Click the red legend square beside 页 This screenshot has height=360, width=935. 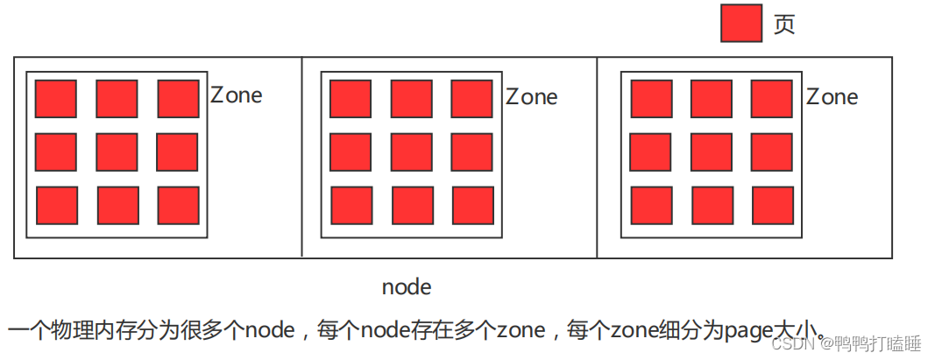[741, 23]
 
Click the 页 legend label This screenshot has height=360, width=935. [784, 24]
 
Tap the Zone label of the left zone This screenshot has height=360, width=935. [236, 95]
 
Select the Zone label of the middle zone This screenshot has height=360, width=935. [531, 96]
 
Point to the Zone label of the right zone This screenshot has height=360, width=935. [832, 96]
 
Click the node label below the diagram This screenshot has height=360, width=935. [407, 287]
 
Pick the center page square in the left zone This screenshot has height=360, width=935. [117, 152]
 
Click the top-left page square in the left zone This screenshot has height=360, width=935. [56, 98]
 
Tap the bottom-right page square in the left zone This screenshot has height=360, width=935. [178, 205]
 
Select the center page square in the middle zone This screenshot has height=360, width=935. [412, 152]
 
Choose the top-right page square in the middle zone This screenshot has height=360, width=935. [472, 98]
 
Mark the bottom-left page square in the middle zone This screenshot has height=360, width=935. [351, 205]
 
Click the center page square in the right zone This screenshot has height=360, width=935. [712, 152]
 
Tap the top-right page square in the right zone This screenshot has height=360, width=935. [772, 98]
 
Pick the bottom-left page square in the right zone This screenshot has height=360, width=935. [651, 205]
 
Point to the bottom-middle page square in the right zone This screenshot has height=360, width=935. [712, 205]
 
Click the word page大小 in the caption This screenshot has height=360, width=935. [771, 331]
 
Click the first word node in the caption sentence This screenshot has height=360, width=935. [270, 331]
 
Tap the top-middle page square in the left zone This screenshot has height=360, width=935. [117, 98]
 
